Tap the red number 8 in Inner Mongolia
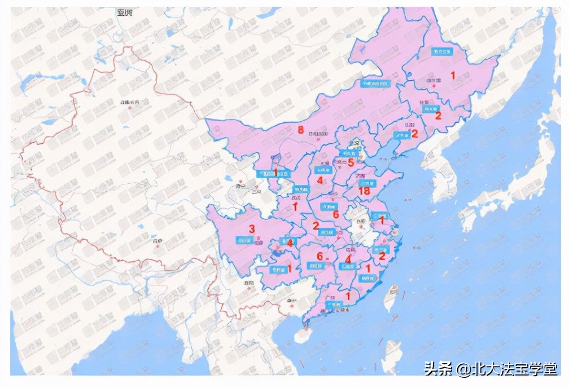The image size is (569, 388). tap(301, 129)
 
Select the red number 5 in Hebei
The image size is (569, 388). tap(351, 163)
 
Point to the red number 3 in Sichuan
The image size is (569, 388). tap(252, 228)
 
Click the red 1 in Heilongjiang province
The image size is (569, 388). tap(452, 75)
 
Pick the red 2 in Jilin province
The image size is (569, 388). tap(437, 116)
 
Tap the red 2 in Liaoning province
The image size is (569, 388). tap(414, 134)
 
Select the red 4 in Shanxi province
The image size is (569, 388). tap(319, 180)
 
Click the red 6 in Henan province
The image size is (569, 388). tap(335, 214)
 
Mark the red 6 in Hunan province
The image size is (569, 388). tap(319, 256)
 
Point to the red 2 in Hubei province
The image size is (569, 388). tap(316, 226)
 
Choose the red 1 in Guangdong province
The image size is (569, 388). tap(348, 295)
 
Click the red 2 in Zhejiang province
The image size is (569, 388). tap(382, 256)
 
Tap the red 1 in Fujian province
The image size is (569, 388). tap(369, 269)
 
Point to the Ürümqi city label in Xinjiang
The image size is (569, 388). tap(129, 102)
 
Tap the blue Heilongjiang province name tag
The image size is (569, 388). tap(443, 51)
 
